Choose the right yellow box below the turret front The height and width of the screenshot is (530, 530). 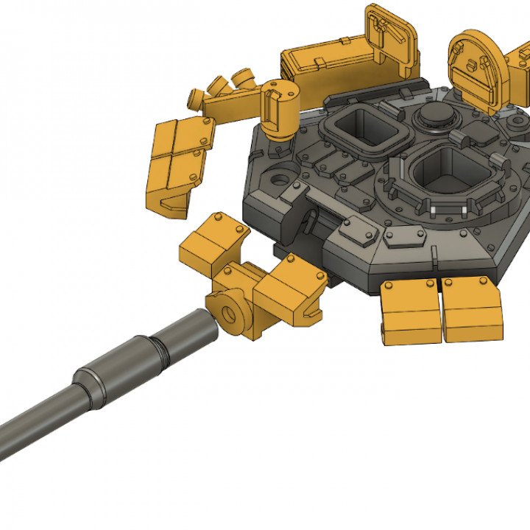471,309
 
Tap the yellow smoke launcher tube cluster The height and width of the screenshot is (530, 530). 225,88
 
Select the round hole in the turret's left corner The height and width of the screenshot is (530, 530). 280,178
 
